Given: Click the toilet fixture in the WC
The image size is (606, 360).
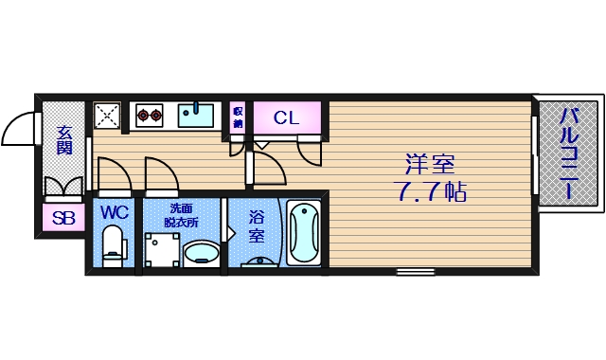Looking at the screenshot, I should (x=115, y=243).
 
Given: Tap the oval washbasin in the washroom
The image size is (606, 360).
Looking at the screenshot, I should (x=202, y=254).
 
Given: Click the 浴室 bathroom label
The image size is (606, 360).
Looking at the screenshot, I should (x=256, y=226).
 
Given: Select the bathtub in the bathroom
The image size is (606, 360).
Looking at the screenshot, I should (x=304, y=233).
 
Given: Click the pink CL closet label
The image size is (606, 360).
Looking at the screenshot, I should (x=286, y=118).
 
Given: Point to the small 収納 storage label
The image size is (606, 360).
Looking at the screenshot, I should (x=238, y=117).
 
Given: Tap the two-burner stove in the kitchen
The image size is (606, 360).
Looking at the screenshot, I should (x=149, y=116).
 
